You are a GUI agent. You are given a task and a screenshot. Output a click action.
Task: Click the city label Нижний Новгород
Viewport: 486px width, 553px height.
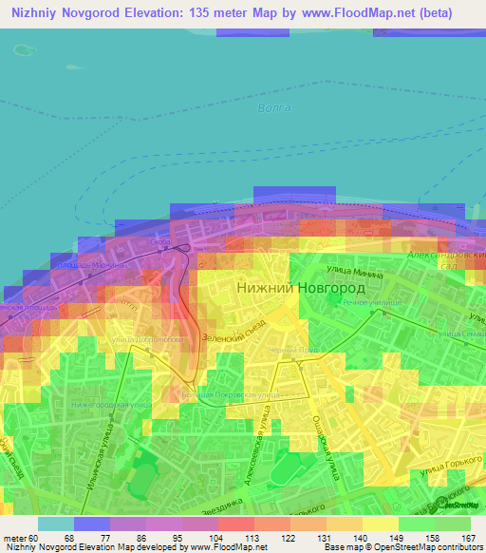(x=293, y=288)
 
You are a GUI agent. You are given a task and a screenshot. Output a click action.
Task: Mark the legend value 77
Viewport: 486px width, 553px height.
(x=92, y=539)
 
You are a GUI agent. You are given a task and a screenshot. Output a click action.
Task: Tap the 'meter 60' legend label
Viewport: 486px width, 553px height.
(x=21, y=539)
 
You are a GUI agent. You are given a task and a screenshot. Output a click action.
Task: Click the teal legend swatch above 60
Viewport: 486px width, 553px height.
(x=56, y=524)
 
